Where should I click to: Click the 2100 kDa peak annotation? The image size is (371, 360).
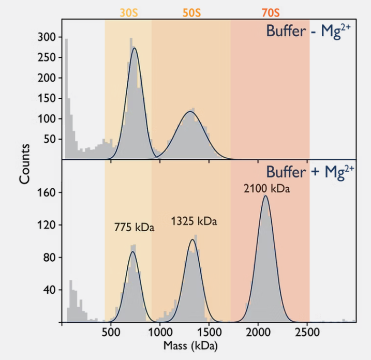pos(267,189)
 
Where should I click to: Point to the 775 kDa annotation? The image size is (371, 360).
pos(134,227)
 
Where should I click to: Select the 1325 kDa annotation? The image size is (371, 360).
pos(194,221)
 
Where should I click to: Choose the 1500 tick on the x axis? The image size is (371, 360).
pos(209,332)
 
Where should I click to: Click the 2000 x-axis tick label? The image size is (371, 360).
pos(258,332)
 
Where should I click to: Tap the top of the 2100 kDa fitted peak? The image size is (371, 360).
pos(265,196)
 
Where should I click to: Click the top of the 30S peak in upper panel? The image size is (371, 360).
pos(135,48)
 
